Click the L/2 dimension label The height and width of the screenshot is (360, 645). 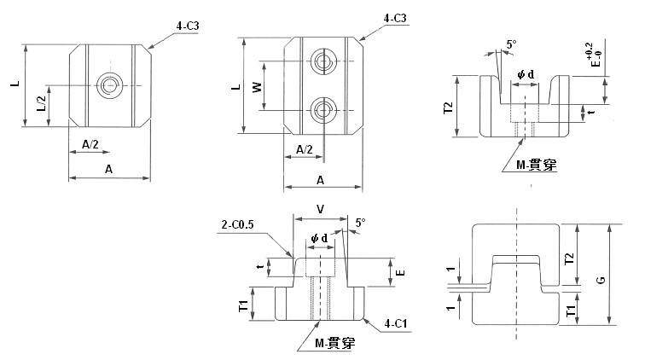(x=42, y=104)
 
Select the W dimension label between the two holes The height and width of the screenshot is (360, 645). (x=257, y=87)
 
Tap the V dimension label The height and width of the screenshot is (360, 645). (x=320, y=209)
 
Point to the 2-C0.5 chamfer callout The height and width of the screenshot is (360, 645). (x=238, y=224)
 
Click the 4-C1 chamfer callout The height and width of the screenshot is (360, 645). (x=396, y=324)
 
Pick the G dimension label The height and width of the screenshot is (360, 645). (x=601, y=280)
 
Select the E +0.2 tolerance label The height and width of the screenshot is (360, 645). (x=595, y=55)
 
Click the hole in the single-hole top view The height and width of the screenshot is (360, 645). (x=110, y=85)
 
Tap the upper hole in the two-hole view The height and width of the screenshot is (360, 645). (x=323, y=61)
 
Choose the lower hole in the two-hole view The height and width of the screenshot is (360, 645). (x=323, y=110)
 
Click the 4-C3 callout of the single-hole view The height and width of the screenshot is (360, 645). (x=188, y=26)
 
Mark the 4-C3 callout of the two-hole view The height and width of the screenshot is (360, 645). (x=395, y=18)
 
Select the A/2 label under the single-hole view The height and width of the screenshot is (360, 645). (x=90, y=144)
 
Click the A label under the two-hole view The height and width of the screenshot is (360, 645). (x=320, y=180)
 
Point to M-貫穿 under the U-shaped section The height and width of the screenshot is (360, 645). (x=536, y=165)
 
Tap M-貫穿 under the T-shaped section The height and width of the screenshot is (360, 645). (x=334, y=343)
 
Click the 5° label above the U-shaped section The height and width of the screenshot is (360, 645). (x=511, y=44)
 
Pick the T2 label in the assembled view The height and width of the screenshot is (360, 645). (x=569, y=258)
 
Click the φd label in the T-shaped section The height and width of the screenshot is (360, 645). (x=319, y=238)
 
